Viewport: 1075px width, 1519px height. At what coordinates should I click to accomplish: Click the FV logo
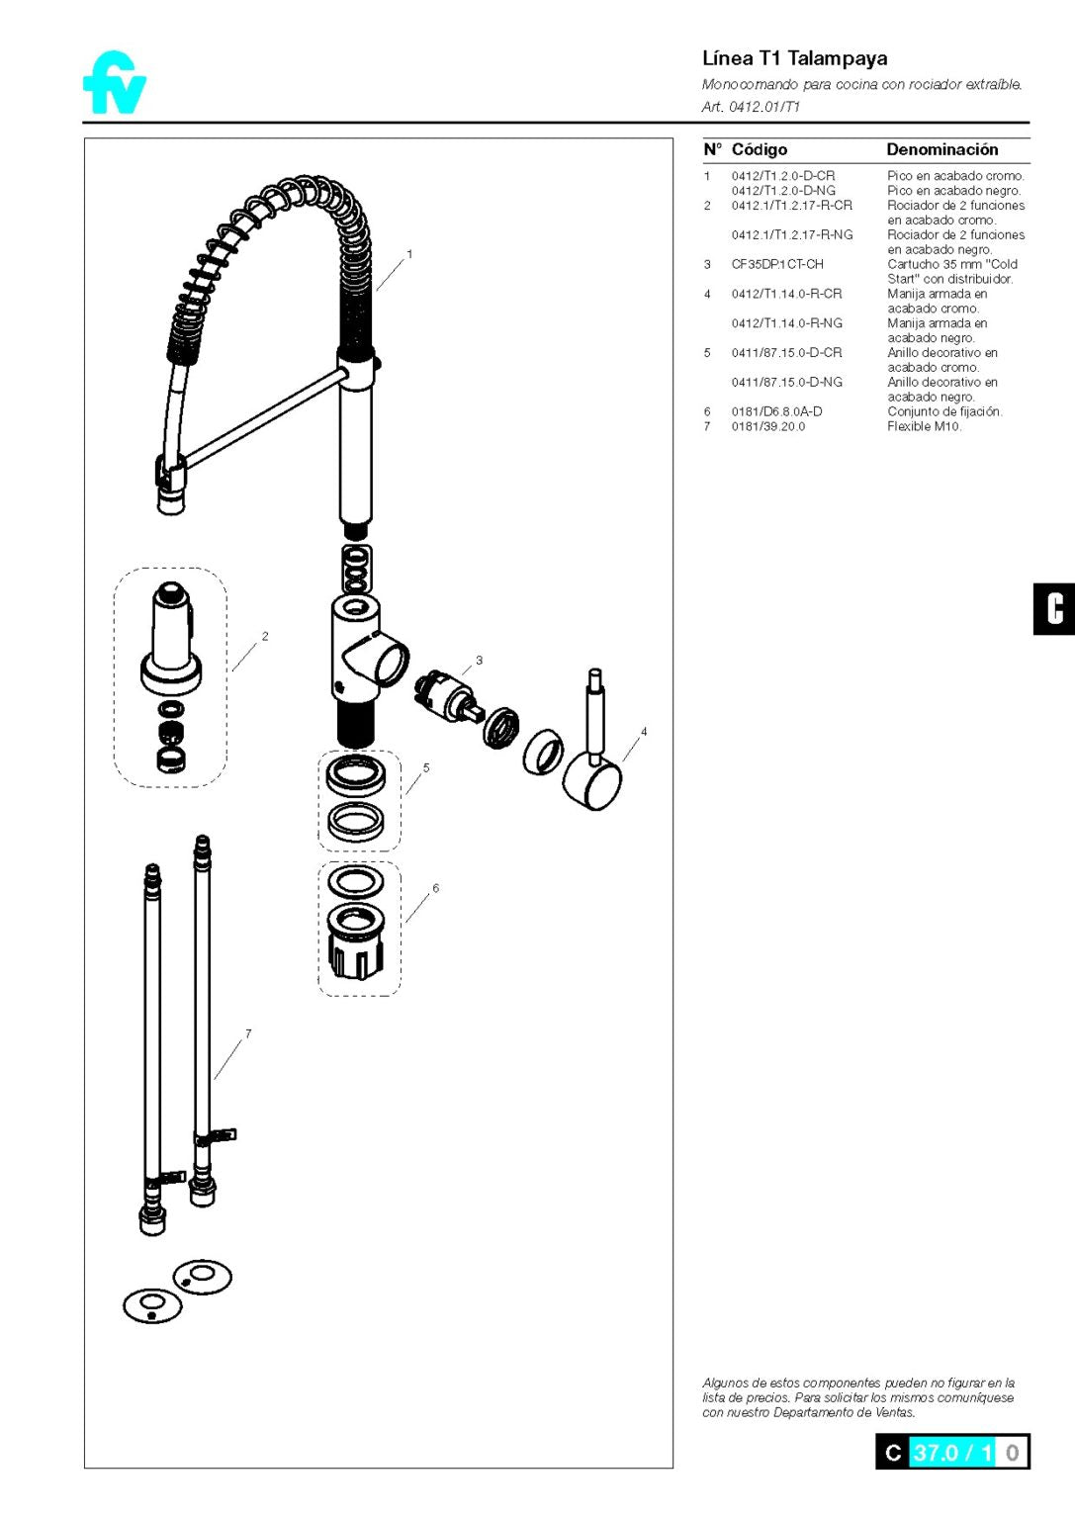[115, 83]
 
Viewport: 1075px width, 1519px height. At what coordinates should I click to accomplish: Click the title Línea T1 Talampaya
[794, 58]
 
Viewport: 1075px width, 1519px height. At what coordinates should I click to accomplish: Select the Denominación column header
[941, 149]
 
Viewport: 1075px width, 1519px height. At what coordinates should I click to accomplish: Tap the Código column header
[759, 149]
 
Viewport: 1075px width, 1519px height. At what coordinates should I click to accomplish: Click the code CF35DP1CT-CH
[776, 264]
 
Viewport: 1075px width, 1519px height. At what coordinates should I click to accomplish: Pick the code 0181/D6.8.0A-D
[776, 411]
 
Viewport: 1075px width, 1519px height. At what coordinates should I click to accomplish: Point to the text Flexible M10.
[924, 426]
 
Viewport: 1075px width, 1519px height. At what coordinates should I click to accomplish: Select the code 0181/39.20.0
[767, 426]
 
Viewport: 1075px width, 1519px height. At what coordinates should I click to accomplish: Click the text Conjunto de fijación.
[943, 411]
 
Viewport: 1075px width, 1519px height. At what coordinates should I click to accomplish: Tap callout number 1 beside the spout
[409, 254]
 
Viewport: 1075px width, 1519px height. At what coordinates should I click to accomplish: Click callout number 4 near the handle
[644, 732]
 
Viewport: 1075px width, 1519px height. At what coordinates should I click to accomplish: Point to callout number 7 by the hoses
[248, 1033]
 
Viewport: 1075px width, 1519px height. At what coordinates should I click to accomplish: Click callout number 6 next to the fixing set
[435, 888]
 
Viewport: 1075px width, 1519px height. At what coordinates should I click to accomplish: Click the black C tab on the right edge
[1054, 608]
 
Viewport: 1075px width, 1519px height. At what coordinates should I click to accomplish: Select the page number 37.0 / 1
[951, 1452]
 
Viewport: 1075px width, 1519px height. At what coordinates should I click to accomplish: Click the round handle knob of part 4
[592, 784]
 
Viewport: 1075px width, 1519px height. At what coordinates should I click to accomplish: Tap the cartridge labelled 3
[447, 695]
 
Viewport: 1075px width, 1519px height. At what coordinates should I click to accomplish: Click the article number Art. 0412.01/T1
[751, 107]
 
